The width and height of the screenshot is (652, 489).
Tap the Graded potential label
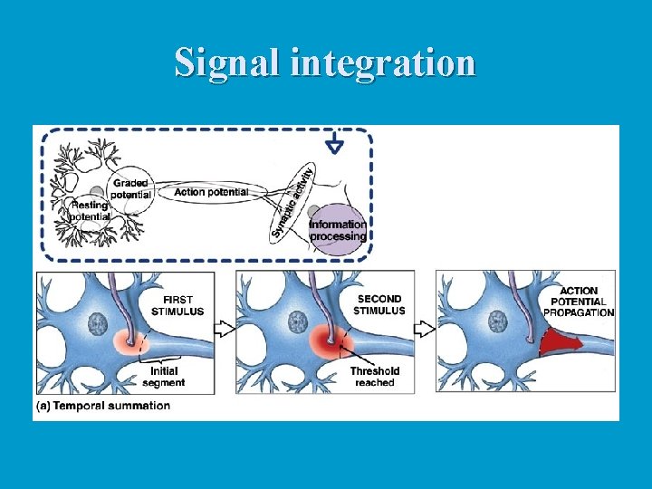coord(130,188)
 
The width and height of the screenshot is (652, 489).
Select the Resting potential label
coord(91,211)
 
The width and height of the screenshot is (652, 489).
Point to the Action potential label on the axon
coord(210,192)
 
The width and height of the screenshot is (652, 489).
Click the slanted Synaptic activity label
coord(292,201)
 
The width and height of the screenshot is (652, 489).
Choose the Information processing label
coord(338,230)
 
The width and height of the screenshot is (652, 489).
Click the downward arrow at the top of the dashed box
coord(334,144)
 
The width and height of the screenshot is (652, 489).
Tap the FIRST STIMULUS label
coord(184,305)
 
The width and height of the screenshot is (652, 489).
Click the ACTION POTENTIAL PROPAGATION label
coord(580,302)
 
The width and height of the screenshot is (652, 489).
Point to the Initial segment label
coord(163,376)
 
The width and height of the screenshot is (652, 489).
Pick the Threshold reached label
coord(374,376)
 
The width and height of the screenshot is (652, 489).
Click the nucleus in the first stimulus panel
coord(98,323)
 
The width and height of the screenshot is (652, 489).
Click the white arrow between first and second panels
coord(225,327)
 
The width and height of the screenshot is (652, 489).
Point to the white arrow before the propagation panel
coord(424,327)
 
